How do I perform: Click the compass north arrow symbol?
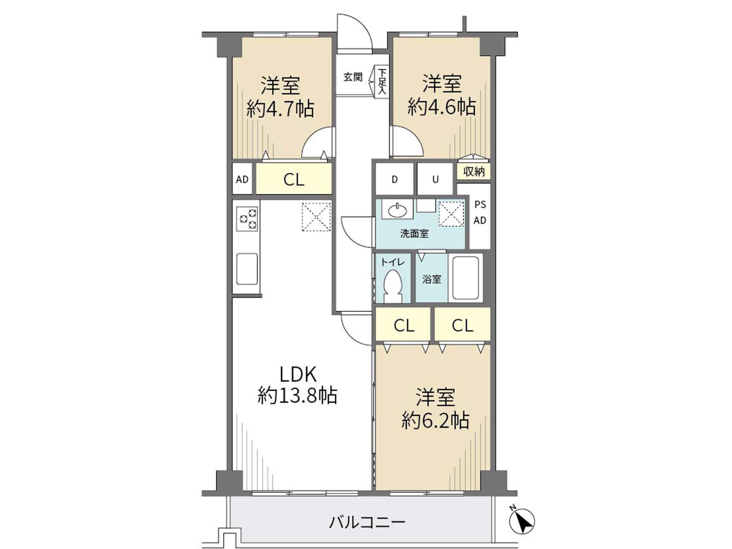coord(522,521)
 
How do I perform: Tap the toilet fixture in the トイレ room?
coord(393,286)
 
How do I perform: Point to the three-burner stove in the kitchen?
coord(247,219)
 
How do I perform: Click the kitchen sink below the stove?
coord(247,269)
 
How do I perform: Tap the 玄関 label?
coord(353,77)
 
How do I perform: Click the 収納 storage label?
coord(474,171)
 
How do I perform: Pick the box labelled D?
coord(395,179)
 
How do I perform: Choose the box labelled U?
coord(436,179)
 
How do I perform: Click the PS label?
coord(480,205)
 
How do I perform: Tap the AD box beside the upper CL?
coord(242,179)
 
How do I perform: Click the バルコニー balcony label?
coord(367,522)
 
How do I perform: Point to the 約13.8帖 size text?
coord(297,395)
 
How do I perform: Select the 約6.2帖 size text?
coord(435,420)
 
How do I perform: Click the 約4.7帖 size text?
coord(280,109)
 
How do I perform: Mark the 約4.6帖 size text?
coord(442,107)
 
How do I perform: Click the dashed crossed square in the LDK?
coord(316,217)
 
